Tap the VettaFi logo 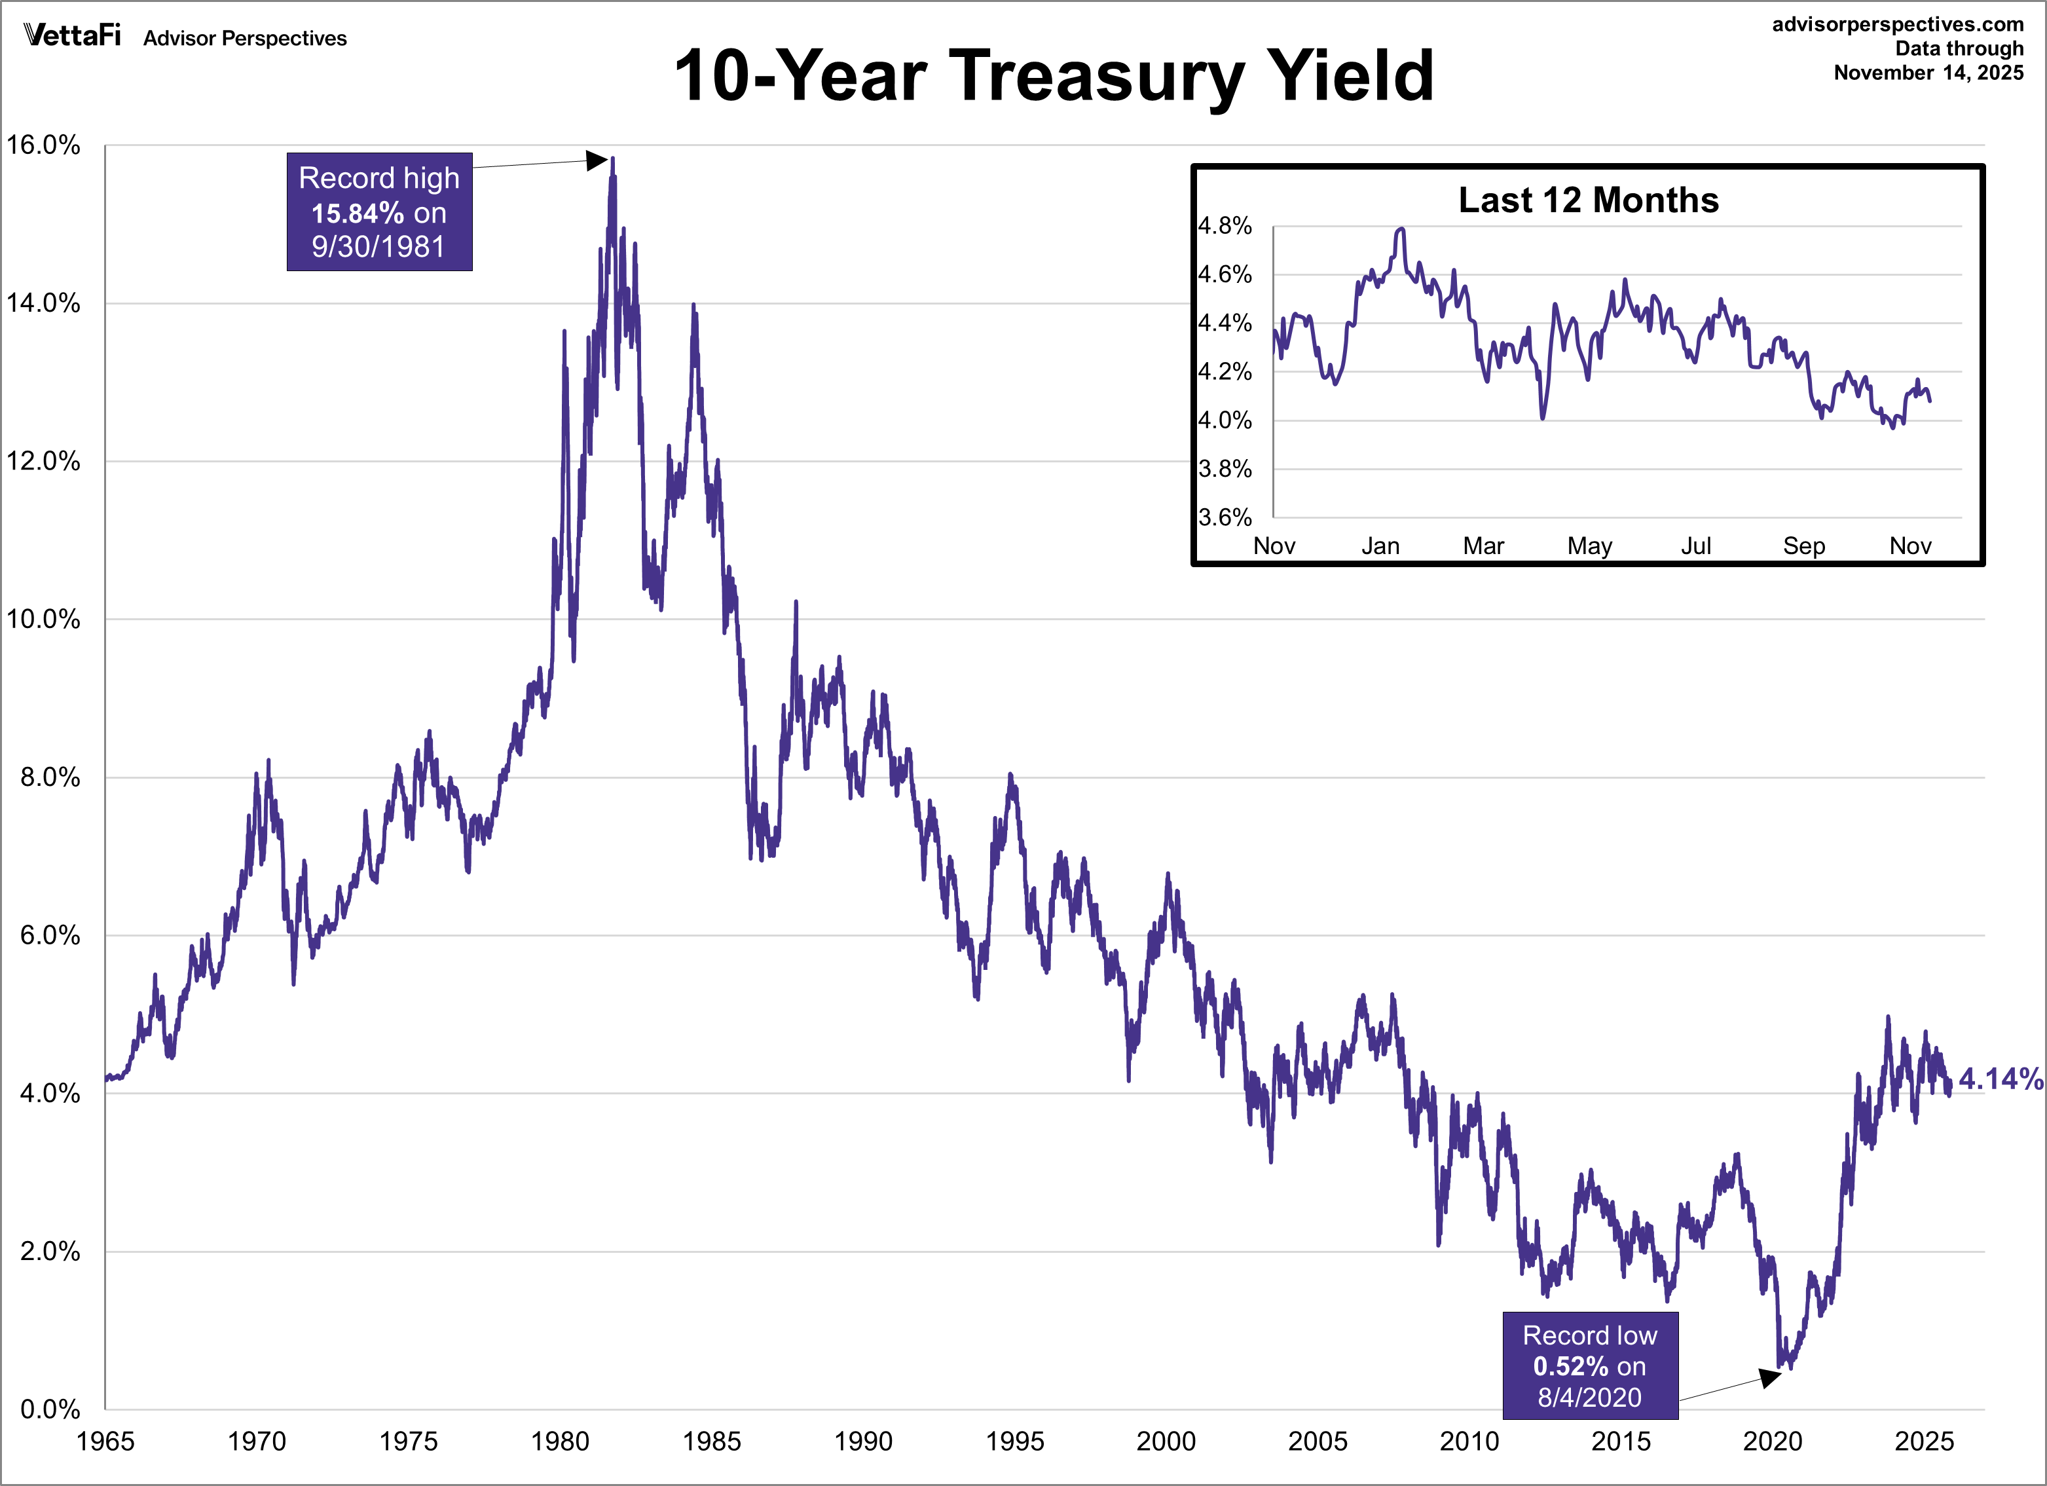(x=72, y=35)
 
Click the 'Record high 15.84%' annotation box (x=379, y=212)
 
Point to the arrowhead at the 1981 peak (x=597, y=160)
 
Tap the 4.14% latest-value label (x=2000, y=1079)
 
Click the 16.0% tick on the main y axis (x=43, y=145)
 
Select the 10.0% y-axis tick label (x=43, y=620)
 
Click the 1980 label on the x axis (x=560, y=1441)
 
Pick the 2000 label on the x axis (x=1166, y=1441)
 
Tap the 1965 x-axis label (x=105, y=1441)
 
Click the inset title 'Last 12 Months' (x=1589, y=200)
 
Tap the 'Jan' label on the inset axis (x=1380, y=546)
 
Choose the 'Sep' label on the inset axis (x=1803, y=546)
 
